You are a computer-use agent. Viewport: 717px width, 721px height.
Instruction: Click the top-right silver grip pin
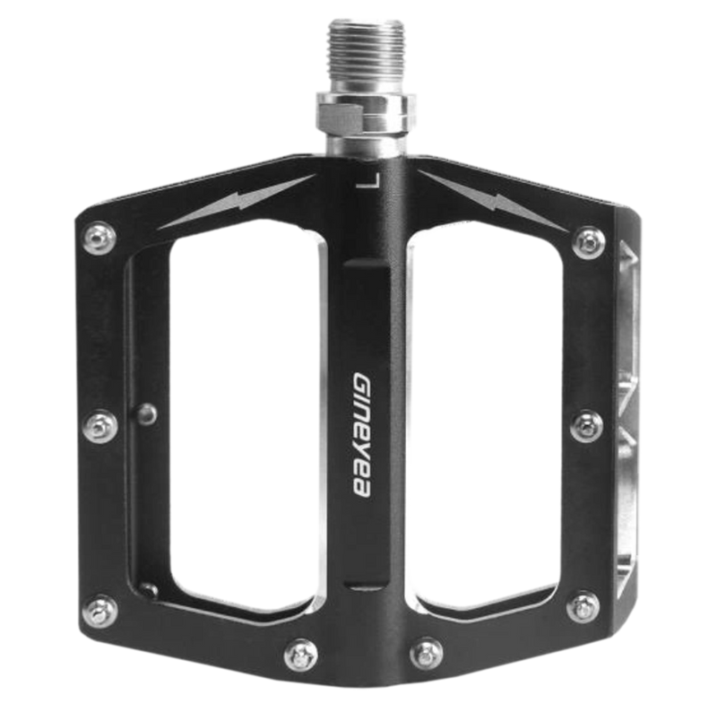pos(588,239)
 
